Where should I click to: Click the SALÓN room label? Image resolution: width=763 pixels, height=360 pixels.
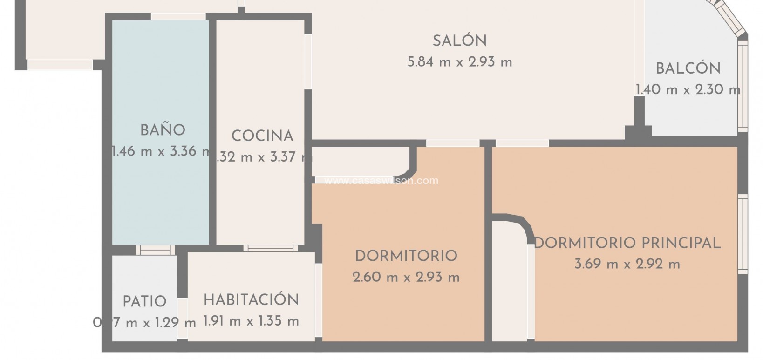[x=459, y=41]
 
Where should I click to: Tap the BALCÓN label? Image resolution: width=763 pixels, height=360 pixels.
[x=688, y=69]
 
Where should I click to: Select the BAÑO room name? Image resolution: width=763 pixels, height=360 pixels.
[x=163, y=130]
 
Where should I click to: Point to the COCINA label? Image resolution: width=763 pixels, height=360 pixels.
[x=262, y=136]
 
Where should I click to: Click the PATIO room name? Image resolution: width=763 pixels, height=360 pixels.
[x=144, y=301]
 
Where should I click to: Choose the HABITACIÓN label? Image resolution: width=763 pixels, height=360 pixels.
[x=251, y=300]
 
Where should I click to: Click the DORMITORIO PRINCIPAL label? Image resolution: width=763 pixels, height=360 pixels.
[x=627, y=243]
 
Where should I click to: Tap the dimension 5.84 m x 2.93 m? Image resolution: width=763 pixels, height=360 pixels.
[x=459, y=62]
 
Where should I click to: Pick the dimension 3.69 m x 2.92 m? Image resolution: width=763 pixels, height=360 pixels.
[x=627, y=265]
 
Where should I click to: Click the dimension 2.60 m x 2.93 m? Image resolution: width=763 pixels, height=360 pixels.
[x=406, y=278]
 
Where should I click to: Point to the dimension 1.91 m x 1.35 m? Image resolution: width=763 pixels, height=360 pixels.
[x=251, y=321]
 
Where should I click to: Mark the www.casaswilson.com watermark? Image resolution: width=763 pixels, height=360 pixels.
[x=381, y=181]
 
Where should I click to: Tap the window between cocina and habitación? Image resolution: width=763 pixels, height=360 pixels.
[x=270, y=248]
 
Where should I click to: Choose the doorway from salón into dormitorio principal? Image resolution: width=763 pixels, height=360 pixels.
[x=522, y=143]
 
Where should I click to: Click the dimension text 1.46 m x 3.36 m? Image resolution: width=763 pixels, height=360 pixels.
[x=160, y=151]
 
